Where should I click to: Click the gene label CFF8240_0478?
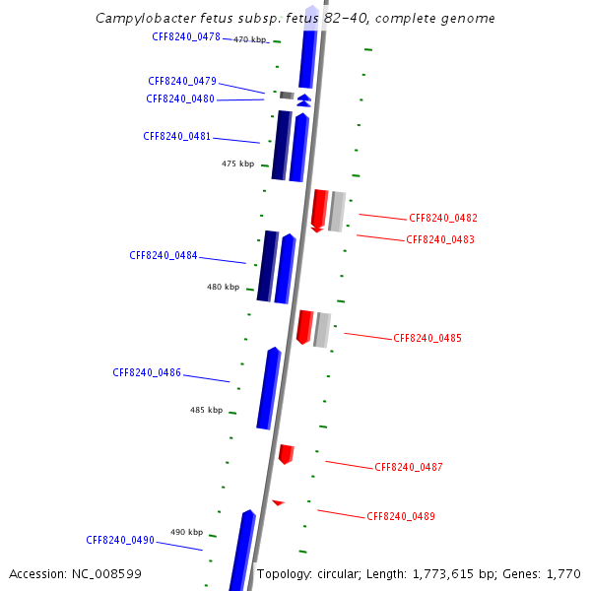(x=186, y=36)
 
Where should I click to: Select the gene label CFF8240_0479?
(x=182, y=81)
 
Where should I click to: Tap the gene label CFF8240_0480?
(x=180, y=98)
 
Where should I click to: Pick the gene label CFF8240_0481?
(x=177, y=136)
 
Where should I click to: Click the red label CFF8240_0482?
(x=443, y=218)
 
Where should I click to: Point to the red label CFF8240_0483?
(x=440, y=239)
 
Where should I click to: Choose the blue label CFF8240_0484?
(x=164, y=255)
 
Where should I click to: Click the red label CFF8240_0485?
(x=427, y=338)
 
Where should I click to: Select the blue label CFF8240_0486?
(x=147, y=372)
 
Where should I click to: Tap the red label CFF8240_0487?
(x=409, y=467)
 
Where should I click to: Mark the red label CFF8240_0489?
(x=401, y=516)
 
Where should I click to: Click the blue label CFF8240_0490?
(x=120, y=540)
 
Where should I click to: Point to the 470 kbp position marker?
(x=250, y=39)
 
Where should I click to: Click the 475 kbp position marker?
(x=237, y=164)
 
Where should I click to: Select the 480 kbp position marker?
(x=223, y=287)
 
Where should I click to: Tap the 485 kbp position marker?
(x=206, y=410)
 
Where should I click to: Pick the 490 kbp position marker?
(x=186, y=532)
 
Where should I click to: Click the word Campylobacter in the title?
(x=143, y=19)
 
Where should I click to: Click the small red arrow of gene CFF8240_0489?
(x=278, y=502)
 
